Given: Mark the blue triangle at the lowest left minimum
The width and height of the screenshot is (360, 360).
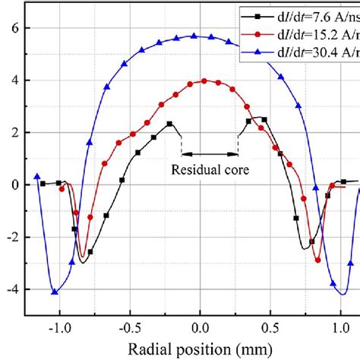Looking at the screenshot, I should click(54, 291).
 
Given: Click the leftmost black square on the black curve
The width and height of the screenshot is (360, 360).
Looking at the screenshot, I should click(43, 183).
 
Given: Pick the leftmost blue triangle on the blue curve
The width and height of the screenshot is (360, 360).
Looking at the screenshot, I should click(37, 175).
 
